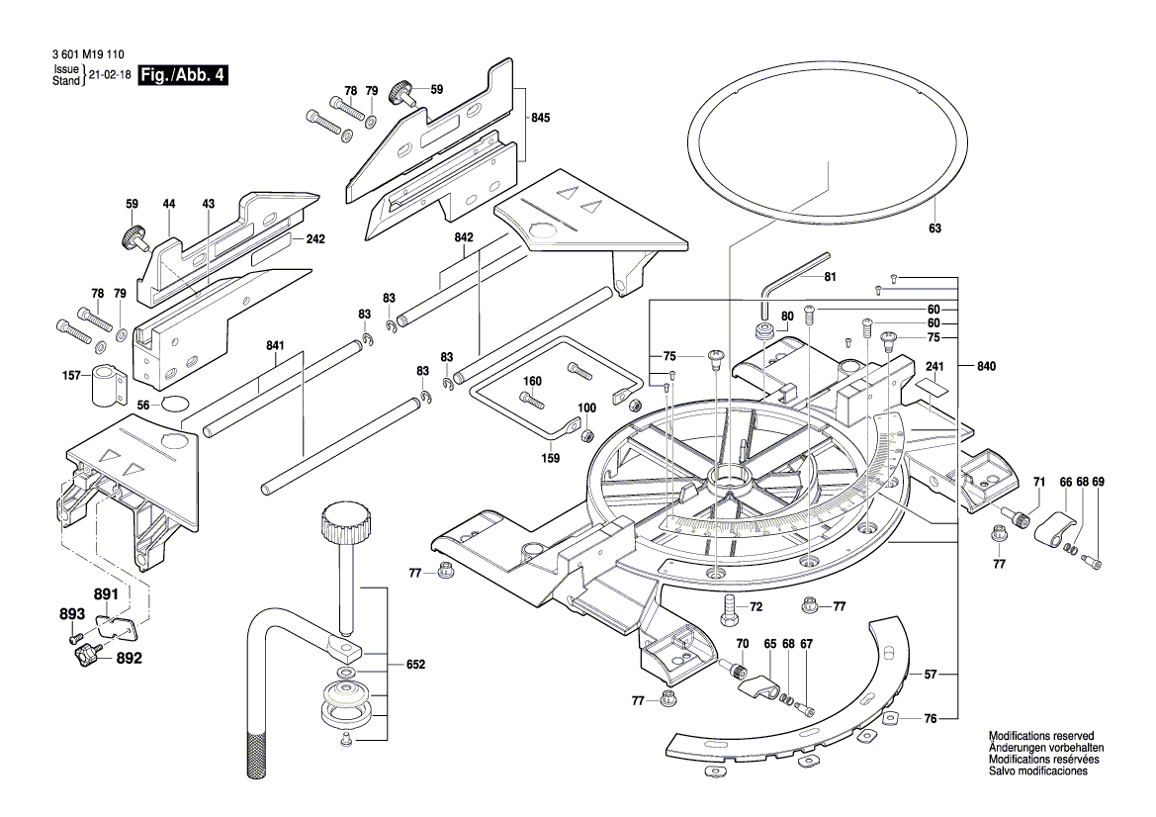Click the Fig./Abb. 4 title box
tap(184, 75)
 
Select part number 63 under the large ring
tap(934, 228)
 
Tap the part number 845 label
tap(540, 118)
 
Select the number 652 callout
tap(415, 665)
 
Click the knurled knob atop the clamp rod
tap(345, 521)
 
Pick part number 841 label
tap(275, 345)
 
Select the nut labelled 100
tap(585, 435)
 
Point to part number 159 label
tap(551, 458)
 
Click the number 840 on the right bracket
tap(986, 366)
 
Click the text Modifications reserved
tap(1041, 737)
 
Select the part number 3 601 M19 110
tap(86, 58)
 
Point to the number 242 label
tap(315, 239)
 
